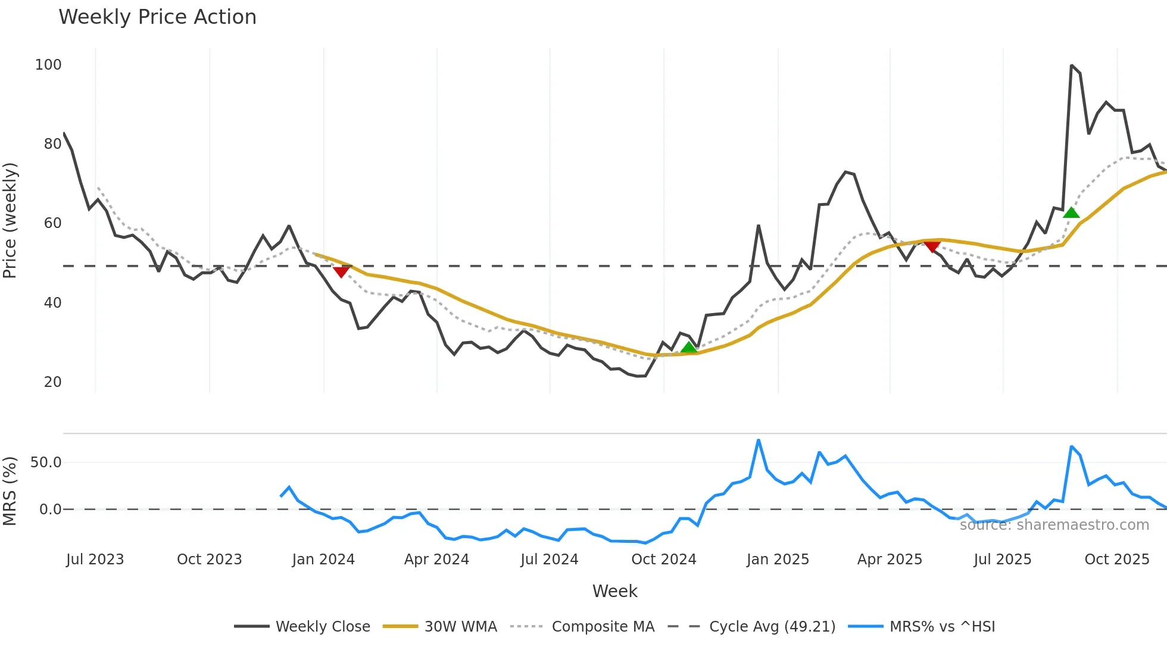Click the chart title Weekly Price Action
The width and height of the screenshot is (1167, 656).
[157, 17]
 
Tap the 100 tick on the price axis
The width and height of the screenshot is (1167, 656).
[48, 65]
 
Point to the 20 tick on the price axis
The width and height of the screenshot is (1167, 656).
[52, 382]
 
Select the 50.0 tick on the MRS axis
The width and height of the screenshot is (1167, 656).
[46, 463]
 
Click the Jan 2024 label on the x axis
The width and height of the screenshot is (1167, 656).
[323, 560]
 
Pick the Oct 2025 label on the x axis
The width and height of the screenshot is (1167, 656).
[1116, 560]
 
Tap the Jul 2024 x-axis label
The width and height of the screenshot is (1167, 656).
[549, 560]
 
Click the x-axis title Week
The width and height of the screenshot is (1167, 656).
[614, 591]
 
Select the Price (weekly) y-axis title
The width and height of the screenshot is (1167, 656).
[10, 220]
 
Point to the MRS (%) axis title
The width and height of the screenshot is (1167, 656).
[10, 491]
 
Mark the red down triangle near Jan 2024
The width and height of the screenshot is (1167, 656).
[341, 271]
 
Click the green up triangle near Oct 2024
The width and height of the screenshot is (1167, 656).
[689, 347]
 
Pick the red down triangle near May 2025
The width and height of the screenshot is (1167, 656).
[932, 246]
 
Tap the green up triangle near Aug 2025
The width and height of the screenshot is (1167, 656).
[1071, 213]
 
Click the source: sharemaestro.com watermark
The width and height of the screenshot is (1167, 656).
[1054, 525]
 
